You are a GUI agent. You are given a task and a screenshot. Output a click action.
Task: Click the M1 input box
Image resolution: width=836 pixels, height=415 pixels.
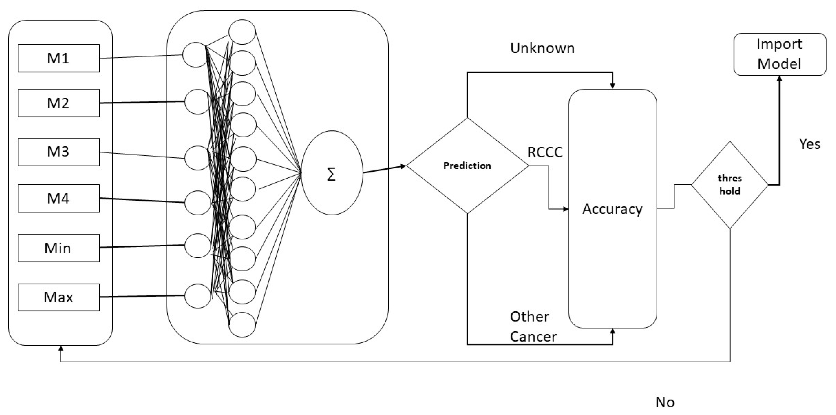coord(58,58)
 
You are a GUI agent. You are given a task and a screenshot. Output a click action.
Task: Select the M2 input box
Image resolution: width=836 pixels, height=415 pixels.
coord(58,103)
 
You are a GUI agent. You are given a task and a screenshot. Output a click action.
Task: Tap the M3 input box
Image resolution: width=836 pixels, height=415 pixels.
coord(58,152)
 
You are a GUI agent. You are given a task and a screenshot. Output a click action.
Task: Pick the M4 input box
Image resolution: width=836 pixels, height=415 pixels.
coord(58,198)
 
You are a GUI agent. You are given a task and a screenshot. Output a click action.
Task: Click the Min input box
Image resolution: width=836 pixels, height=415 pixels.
coord(58,248)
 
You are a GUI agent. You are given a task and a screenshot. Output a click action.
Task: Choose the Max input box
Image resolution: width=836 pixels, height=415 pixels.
coord(58,297)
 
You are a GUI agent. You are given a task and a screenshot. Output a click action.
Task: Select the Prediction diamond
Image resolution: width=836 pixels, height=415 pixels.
coord(467,166)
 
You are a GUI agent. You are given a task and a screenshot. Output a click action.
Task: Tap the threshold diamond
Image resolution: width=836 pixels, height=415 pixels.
coord(729,185)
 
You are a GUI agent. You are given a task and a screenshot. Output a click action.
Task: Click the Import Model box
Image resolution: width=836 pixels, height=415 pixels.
coord(780,54)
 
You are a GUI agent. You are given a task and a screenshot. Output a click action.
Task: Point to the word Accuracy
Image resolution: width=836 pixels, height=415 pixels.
coord(612,209)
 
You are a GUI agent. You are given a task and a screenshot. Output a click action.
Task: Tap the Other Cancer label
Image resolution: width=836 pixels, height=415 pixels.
coord(533,326)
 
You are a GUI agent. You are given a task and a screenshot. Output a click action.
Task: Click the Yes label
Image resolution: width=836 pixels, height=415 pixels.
coord(809,144)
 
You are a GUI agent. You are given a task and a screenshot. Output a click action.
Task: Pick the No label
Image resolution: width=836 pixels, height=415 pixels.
coord(665,402)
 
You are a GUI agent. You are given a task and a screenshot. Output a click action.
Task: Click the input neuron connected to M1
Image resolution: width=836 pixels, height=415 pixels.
coord(195,55)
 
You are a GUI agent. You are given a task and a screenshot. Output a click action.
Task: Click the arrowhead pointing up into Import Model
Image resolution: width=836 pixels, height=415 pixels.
coord(779,78)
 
